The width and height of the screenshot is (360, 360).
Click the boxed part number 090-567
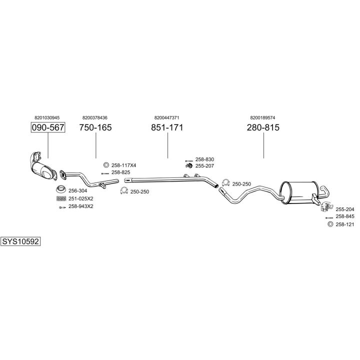click(x=48, y=127)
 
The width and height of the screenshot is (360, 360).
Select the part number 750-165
click(x=95, y=127)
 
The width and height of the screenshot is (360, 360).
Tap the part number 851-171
click(x=167, y=127)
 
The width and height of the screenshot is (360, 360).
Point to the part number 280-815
click(x=263, y=127)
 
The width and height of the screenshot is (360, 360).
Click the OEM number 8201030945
click(x=48, y=117)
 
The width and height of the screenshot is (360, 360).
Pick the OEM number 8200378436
click(x=95, y=117)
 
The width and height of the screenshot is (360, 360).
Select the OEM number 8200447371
click(x=167, y=117)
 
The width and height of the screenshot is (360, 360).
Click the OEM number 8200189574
click(x=263, y=117)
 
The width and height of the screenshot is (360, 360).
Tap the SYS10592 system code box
click(x=20, y=241)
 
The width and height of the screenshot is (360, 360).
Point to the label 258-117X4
click(x=123, y=165)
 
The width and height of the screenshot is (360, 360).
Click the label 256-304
click(x=78, y=190)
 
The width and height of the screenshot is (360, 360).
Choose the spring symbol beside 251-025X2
click(x=60, y=198)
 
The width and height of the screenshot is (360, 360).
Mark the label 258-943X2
click(x=81, y=206)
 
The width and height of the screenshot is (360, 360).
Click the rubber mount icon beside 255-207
click(x=189, y=165)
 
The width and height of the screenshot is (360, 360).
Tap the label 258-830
click(x=204, y=159)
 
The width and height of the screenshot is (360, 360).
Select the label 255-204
click(x=345, y=209)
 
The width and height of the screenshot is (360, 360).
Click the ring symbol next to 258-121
click(x=329, y=224)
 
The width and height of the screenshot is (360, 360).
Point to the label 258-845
click(x=345, y=216)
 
